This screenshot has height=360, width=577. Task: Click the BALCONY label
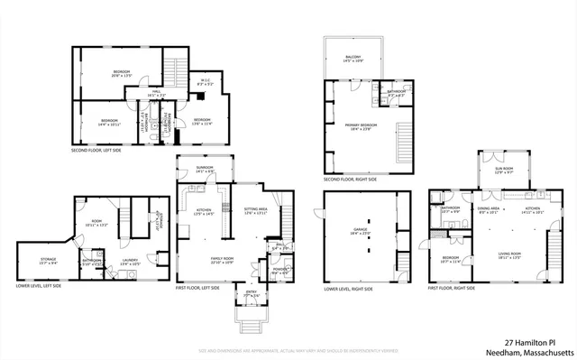(x=352, y=58)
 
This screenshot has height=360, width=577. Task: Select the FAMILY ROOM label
(x=223, y=259)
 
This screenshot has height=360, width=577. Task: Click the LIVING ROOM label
(x=510, y=255)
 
